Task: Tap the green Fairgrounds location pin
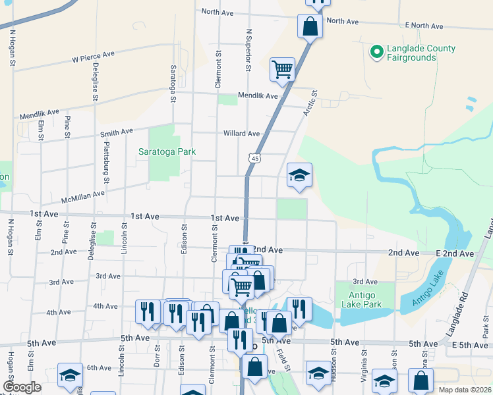377,51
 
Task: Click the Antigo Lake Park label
362,299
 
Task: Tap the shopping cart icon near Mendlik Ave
283,68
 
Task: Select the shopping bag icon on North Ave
310,27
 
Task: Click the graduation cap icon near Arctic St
299,176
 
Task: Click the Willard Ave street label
241,133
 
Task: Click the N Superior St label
248,49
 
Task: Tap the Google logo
22,387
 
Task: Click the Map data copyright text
465,390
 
